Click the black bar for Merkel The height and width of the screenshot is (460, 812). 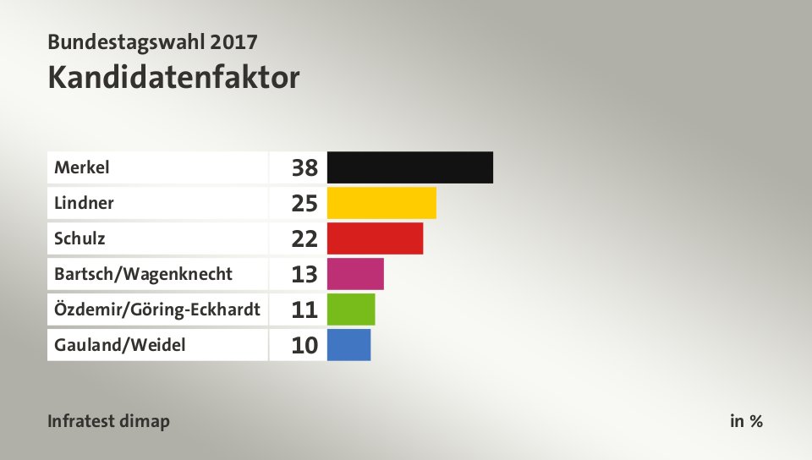[409, 167]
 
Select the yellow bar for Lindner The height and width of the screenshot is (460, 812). [381, 203]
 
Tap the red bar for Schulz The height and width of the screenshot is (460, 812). [375, 238]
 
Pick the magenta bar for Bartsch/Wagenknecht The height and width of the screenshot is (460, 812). [355, 274]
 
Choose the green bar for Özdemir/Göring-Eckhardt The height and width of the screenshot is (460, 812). [350, 309]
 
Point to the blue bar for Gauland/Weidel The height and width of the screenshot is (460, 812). [348, 345]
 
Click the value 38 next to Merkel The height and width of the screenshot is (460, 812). [304, 168]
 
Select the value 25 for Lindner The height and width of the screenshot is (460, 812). [304, 204]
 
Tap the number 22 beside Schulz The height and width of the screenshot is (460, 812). [304, 239]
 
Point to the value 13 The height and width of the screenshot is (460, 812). [304, 275]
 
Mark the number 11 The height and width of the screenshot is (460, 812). [304, 310]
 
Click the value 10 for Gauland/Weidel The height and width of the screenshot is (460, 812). [304, 346]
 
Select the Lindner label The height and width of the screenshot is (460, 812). [84, 203]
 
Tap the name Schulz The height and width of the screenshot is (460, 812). [80, 238]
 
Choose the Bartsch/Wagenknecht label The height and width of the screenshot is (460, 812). [143, 274]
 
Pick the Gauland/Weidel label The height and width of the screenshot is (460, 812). [119, 345]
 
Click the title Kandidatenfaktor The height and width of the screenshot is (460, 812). [173, 78]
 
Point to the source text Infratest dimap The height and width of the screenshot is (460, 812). [108, 421]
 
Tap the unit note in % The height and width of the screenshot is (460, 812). [746, 421]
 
